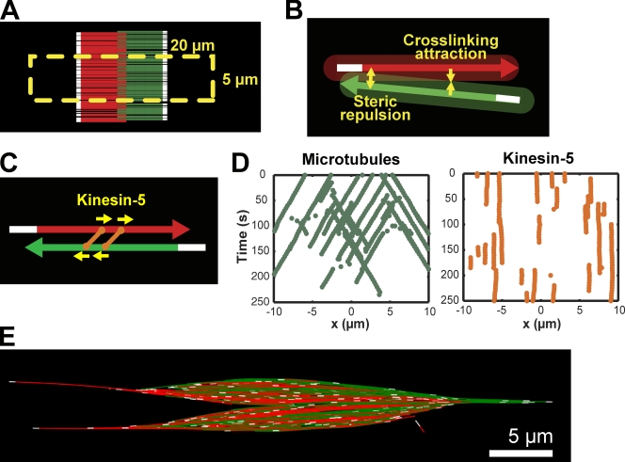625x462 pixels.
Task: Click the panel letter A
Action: (x=11, y=12)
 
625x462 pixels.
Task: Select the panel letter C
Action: (x=11, y=165)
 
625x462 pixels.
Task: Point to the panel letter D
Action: (x=242, y=164)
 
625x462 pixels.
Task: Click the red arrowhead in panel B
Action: (x=508, y=68)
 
